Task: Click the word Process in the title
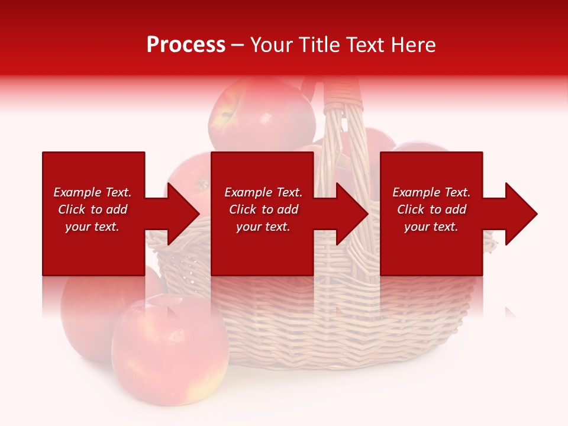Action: point(186,45)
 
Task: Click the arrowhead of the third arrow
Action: point(521,214)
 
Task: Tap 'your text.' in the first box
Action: point(92,227)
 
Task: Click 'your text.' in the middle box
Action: point(263,227)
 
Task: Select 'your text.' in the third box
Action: point(431,227)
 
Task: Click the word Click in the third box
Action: point(411,209)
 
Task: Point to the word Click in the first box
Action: point(72,209)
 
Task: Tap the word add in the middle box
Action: point(288,209)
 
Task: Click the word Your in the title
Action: point(272,45)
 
